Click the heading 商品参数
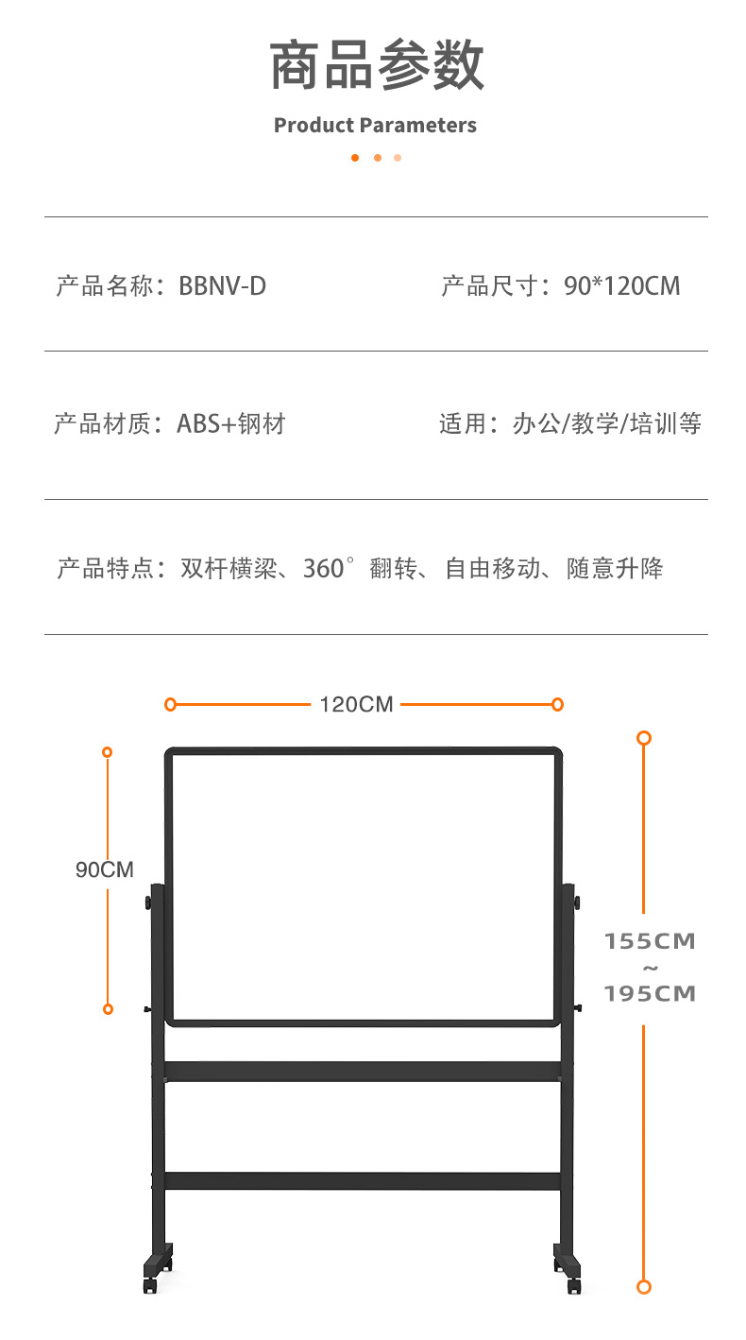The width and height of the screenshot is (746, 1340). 377,64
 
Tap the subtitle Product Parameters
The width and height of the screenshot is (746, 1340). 376,125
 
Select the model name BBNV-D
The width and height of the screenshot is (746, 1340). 222,286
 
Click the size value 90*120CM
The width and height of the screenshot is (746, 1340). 621,286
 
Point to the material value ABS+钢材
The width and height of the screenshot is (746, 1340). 231,423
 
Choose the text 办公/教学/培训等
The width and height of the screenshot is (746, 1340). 607,423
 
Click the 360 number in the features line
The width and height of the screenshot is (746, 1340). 323,568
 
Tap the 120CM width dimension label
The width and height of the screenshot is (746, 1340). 356,704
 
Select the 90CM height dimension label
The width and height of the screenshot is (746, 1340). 105,869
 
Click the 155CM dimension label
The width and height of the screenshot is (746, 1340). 650,941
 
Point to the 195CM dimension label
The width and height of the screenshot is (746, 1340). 650,993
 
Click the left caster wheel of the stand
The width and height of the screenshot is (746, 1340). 150,1285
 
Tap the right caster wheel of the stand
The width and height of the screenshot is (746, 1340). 574,1285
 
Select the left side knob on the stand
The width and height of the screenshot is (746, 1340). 147,902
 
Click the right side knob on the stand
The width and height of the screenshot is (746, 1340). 577,902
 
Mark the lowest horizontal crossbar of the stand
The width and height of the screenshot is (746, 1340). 363,1180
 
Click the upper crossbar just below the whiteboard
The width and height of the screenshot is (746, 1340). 363,1072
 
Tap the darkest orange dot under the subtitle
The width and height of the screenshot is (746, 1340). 355,158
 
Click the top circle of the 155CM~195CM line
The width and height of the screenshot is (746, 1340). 644,738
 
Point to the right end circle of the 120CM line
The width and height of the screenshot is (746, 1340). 557,704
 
